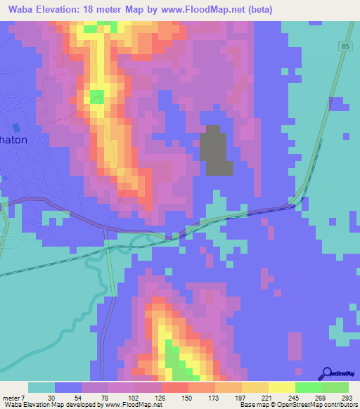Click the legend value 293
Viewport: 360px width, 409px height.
point(347,397)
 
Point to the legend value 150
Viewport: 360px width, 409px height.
point(186,397)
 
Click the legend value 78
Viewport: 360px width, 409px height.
point(105,397)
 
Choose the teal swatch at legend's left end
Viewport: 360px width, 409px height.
point(41,387)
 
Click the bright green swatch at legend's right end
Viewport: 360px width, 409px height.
point(335,387)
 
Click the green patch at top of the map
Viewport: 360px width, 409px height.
point(90,29)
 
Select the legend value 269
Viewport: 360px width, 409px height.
point(321,397)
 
